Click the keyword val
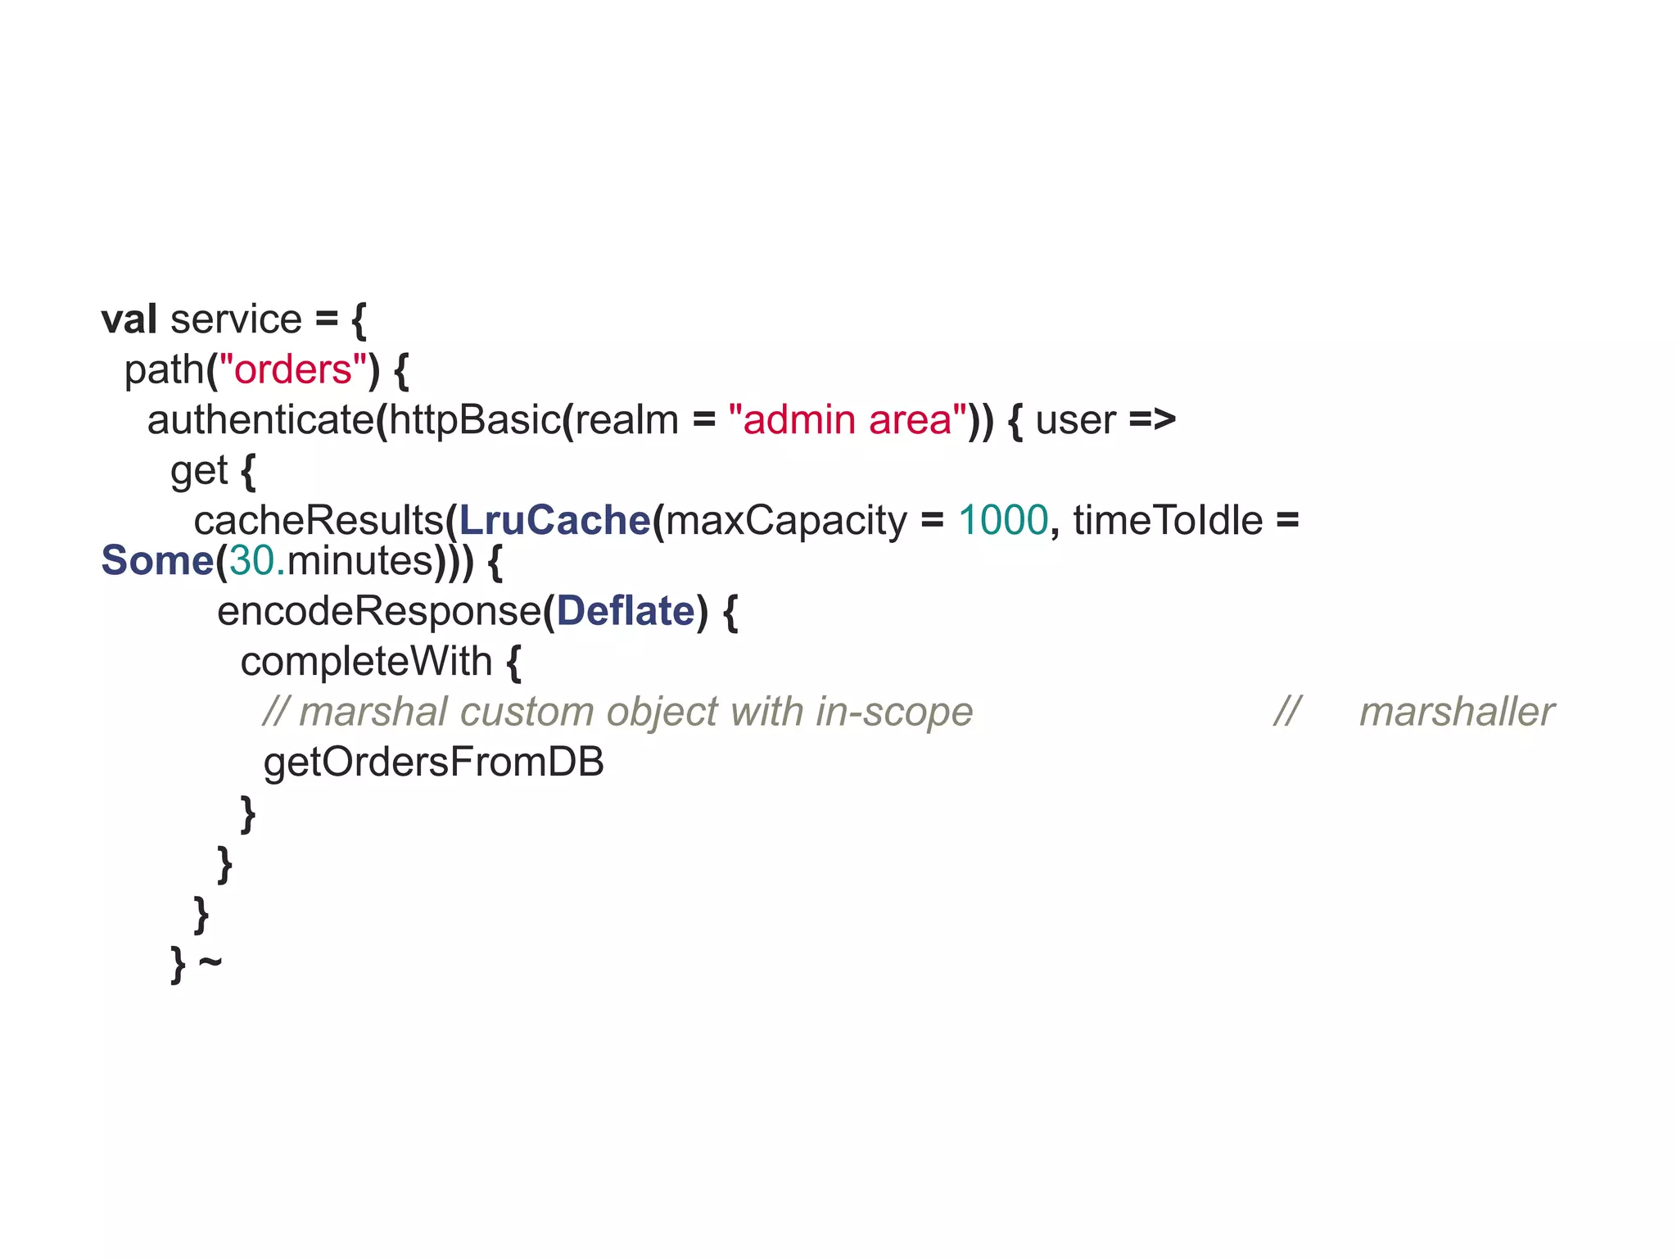(129, 319)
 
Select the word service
(236, 319)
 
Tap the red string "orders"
(293, 369)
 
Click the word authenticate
(260, 420)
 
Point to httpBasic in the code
(474, 420)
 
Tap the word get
(198, 472)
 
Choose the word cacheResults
(318, 521)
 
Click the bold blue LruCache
(554, 521)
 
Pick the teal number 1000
(1002, 521)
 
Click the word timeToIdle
(1168, 521)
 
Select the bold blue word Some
(156, 561)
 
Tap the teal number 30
(251, 561)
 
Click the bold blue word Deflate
(626, 612)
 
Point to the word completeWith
(366, 662)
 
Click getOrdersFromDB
(433, 762)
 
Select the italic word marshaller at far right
(1456, 713)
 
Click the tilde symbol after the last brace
(210, 961)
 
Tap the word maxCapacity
(786, 521)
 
